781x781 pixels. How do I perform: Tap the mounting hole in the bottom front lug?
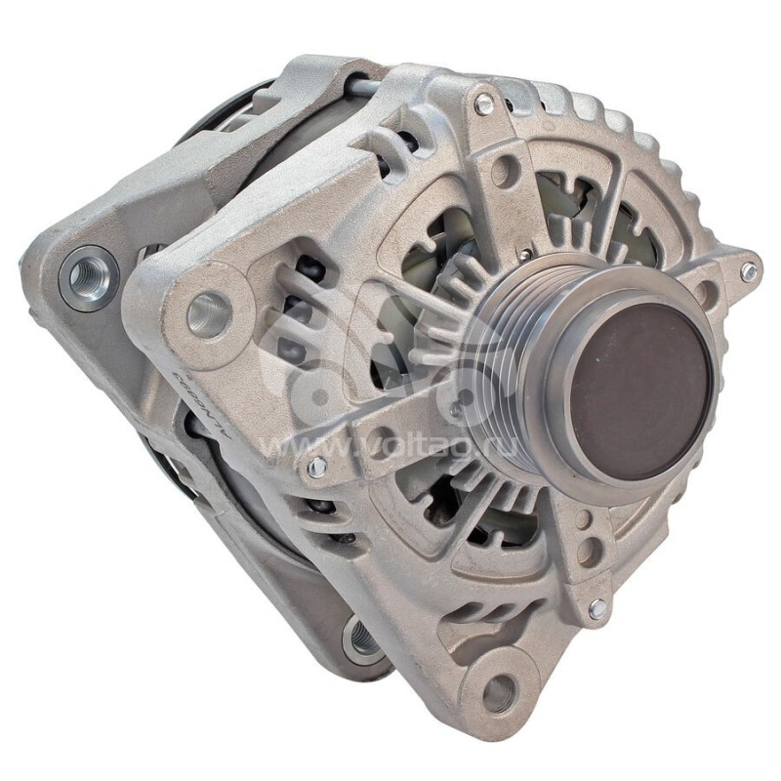click(499, 691)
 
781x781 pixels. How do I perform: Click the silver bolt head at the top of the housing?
click(483, 103)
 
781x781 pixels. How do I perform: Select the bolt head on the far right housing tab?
click(748, 271)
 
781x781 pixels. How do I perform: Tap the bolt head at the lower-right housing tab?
click(596, 608)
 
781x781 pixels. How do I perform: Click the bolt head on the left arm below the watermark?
click(316, 468)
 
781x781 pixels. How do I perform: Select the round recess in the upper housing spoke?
click(504, 173)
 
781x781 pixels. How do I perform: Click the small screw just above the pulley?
click(526, 256)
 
